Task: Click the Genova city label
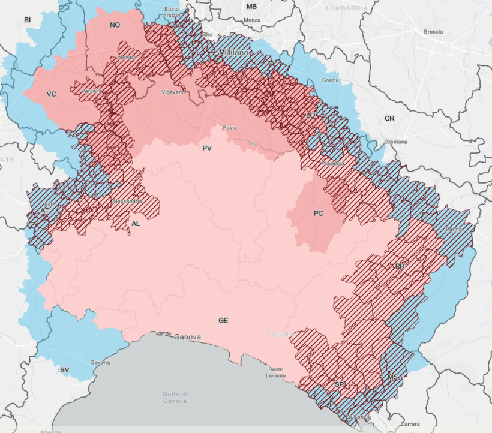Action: pos(187,337)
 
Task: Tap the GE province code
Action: pos(223,321)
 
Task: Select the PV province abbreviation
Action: pos(207,148)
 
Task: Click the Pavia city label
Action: pos(230,128)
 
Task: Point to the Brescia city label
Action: pos(433,31)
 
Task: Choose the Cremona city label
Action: pos(396,142)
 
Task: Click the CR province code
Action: pos(389,119)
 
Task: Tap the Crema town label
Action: pos(331,80)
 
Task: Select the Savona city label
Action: pos(100,362)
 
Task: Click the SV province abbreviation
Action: pos(64,370)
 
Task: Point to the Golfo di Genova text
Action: pos(175,396)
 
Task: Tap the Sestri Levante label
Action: pos(275,372)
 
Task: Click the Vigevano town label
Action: pos(174,92)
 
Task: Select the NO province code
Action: pos(115,25)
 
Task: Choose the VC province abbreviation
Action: pos(51,94)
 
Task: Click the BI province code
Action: pos(27,20)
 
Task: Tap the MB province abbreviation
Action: pos(251,7)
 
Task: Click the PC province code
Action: pos(319,213)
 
